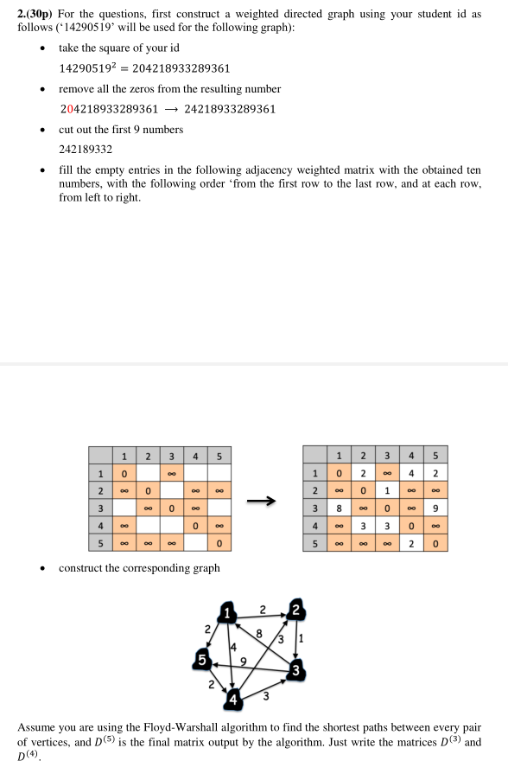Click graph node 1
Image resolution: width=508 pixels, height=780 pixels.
[x=227, y=611]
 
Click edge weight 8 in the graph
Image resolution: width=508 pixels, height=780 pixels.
[x=257, y=634]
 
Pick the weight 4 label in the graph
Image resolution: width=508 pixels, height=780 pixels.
[x=232, y=646]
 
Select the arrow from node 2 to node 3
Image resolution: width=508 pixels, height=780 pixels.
[x=297, y=639]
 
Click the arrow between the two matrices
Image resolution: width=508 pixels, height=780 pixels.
[x=264, y=499]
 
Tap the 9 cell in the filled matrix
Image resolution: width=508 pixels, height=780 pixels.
[x=436, y=508]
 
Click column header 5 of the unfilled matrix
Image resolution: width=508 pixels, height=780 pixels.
[x=220, y=456]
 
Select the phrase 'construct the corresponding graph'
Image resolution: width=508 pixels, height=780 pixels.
[x=139, y=568]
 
